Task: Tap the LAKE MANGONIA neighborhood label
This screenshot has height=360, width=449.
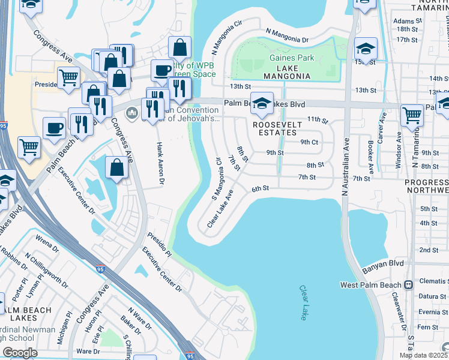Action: click(x=287, y=76)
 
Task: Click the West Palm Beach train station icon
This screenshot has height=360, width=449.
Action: click(x=408, y=284)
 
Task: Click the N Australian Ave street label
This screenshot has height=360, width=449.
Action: click(x=345, y=175)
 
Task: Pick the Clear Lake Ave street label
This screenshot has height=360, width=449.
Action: click(x=220, y=209)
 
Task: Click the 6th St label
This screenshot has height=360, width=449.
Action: click(x=259, y=188)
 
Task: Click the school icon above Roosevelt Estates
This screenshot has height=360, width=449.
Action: click(x=262, y=103)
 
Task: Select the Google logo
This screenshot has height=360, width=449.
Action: click(x=20, y=353)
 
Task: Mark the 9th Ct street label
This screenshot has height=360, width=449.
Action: click(x=309, y=142)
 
